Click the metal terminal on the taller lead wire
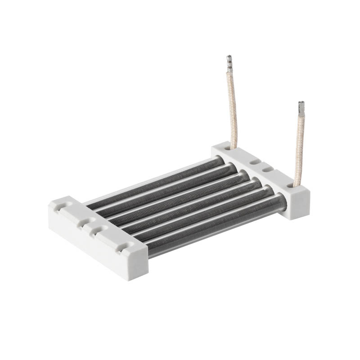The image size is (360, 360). (x=229, y=64)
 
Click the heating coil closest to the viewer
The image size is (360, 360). (x=216, y=225)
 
